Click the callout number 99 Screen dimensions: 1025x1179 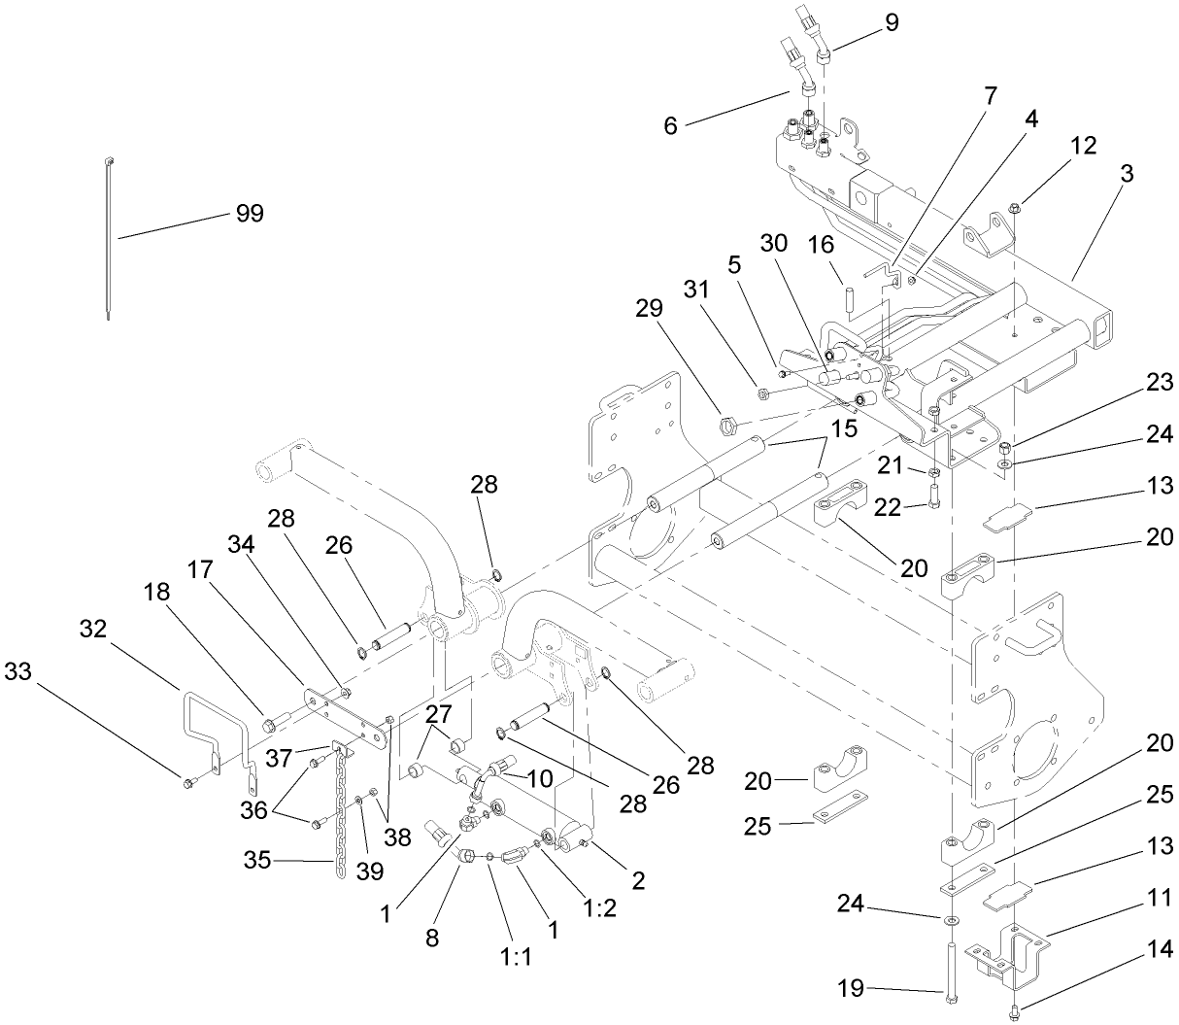tap(250, 214)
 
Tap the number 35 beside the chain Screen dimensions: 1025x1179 tap(258, 860)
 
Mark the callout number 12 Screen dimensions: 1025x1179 tap(1084, 146)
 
